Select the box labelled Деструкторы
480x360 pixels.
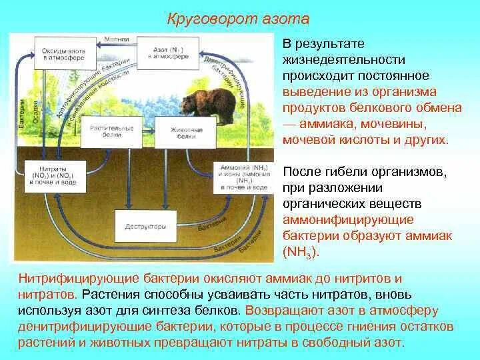click(x=145, y=226)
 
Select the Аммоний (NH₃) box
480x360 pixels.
click(x=242, y=177)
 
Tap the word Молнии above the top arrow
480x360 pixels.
click(x=121, y=39)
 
